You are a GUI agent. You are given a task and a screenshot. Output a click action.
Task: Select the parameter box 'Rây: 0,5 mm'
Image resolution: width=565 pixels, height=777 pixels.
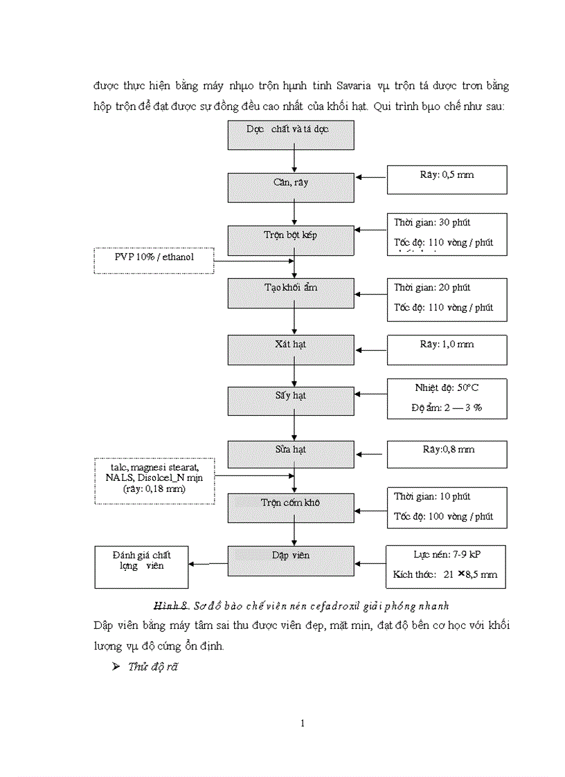447,179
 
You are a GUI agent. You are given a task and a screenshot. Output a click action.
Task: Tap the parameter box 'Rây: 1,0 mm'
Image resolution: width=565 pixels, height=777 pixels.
447,349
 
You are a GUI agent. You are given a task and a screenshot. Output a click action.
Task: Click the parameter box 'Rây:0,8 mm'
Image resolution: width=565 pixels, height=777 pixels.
447,455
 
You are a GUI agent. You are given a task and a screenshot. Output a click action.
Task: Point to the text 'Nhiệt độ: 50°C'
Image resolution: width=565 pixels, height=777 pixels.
447,388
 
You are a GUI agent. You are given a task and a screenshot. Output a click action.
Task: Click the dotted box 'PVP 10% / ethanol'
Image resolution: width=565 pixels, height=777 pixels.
154,261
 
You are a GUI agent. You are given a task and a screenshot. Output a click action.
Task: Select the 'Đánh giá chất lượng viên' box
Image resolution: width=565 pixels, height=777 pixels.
141,567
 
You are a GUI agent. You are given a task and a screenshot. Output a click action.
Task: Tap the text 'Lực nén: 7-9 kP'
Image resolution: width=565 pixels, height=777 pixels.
447,555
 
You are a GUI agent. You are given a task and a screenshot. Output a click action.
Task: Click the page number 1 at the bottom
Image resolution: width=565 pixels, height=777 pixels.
303,724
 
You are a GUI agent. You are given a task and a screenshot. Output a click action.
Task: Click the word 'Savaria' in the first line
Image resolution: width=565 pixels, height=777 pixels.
355,86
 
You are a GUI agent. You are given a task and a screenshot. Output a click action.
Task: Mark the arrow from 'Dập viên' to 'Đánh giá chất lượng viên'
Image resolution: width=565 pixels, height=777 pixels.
208,563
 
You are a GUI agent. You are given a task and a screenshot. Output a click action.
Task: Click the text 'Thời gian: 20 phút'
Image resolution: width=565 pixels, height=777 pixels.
433,287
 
